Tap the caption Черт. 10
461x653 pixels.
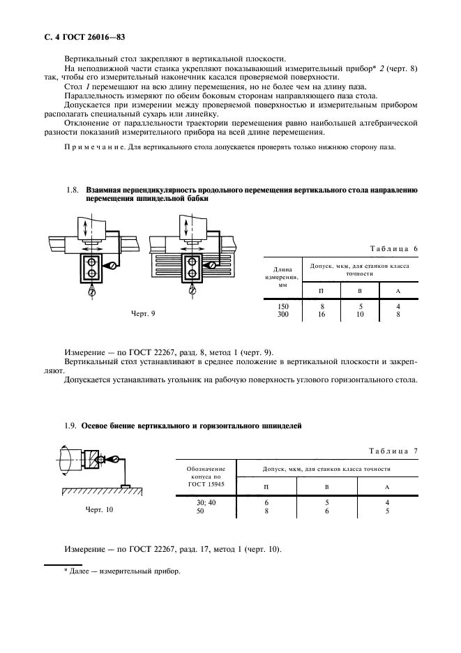(x=100, y=509)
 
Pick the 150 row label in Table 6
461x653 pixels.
(x=282, y=306)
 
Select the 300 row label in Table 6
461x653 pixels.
(x=282, y=315)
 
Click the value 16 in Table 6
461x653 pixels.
(x=321, y=315)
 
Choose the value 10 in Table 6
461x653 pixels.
(x=361, y=315)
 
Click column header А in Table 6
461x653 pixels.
(x=398, y=290)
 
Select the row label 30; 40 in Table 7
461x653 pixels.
(x=208, y=503)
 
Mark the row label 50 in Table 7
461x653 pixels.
(x=208, y=511)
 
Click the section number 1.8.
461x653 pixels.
(x=72, y=190)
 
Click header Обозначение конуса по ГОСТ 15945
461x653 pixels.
(x=208, y=476)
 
